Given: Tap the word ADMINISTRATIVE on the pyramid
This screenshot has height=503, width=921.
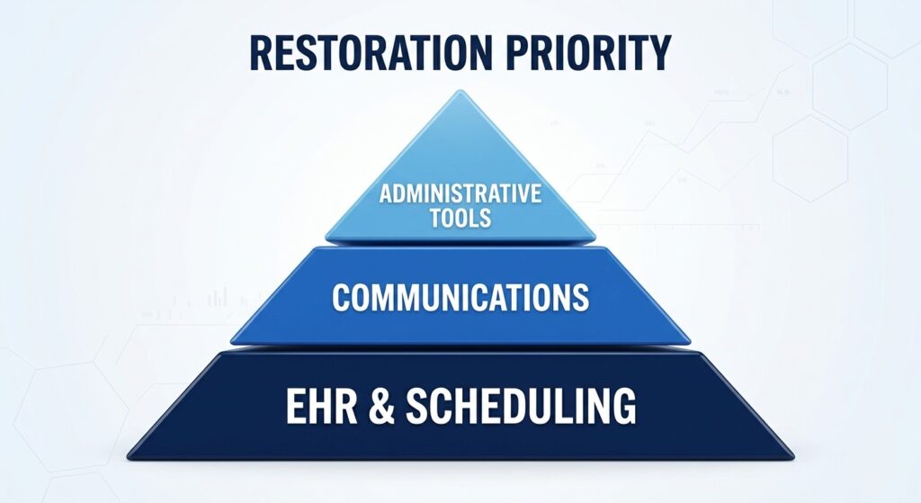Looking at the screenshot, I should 460,193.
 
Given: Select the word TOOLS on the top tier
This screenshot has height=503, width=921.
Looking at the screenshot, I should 460,219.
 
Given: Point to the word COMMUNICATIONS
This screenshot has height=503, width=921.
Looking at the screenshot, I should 460,297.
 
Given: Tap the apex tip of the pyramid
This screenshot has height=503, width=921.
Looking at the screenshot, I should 460,91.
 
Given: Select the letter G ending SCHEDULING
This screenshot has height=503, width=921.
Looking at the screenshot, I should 625,407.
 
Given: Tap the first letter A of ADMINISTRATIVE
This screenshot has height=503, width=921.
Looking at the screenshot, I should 385,193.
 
